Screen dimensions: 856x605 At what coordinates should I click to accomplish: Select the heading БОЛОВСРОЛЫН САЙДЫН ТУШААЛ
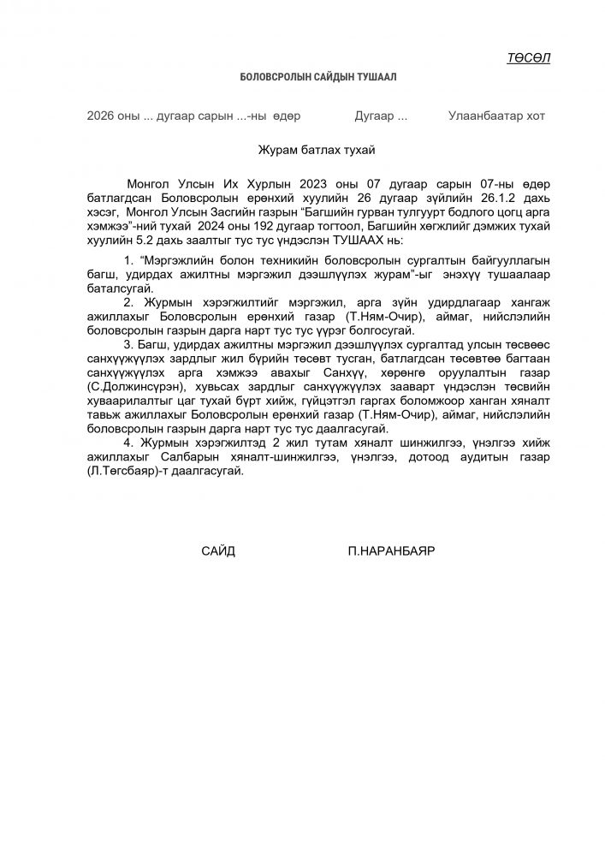pos(318,77)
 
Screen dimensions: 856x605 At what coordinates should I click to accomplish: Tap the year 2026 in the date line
pos(99,116)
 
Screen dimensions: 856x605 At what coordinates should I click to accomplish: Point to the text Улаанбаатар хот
pos(496,116)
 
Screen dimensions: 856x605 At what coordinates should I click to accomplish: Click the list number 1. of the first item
pos(129,259)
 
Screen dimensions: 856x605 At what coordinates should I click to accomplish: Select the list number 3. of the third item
pos(129,345)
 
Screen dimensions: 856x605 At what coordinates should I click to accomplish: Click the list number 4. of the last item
pos(129,443)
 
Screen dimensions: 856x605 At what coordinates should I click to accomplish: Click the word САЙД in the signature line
pos(218,551)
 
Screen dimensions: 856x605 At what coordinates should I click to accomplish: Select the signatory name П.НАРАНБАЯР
pos(391,551)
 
